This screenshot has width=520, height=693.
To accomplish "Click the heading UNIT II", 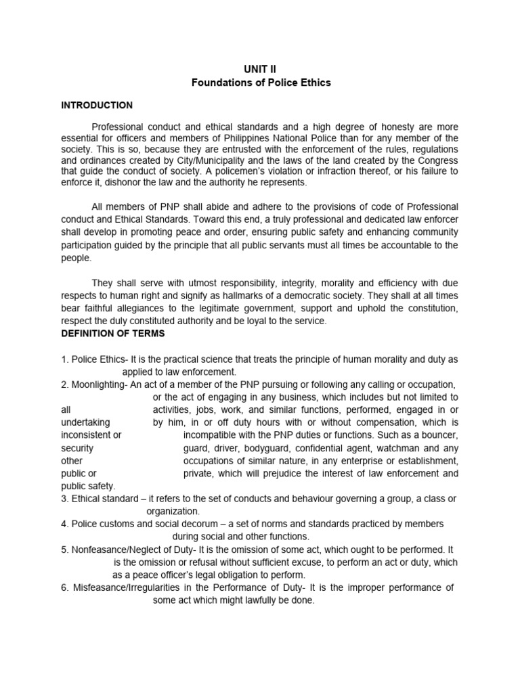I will pyautogui.click(x=260, y=69).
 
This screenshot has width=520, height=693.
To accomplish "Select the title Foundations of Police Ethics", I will pyautogui.click(x=260, y=83).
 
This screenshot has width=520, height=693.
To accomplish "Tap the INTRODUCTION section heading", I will pyautogui.click(x=97, y=106).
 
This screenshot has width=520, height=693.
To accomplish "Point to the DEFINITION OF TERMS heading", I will pyautogui.click(x=118, y=334).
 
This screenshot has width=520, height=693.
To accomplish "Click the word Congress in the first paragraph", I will pyautogui.click(x=439, y=160).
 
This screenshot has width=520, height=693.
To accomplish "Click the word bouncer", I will pyautogui.click(x=439, y=435).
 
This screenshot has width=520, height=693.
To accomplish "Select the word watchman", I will pyautogui.click(x=399, y=448).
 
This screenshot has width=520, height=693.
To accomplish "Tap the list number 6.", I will pyautogui.click(x=64, y=587).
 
